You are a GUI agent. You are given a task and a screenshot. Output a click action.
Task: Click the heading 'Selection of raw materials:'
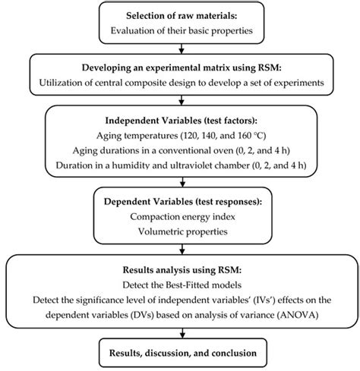[x=180, y=16]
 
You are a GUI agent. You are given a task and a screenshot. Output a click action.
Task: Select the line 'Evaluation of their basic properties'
[x=180, y=31]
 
